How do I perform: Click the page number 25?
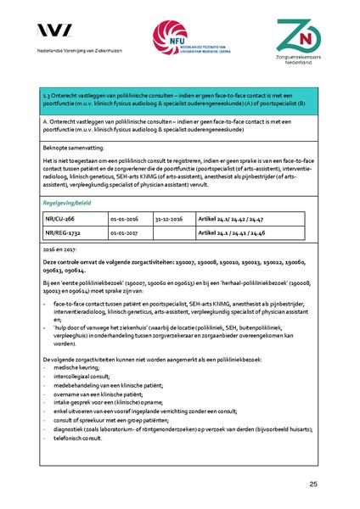[313, 484]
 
